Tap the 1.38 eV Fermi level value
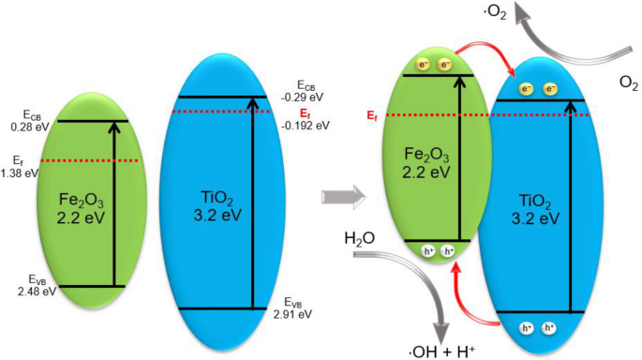[x=19, y=172]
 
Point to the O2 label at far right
[x=628, y=83]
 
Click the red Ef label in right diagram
[x=374, y=116]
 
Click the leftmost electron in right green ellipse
[x=423, y=65]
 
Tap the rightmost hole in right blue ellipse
[x=548, y=328]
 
